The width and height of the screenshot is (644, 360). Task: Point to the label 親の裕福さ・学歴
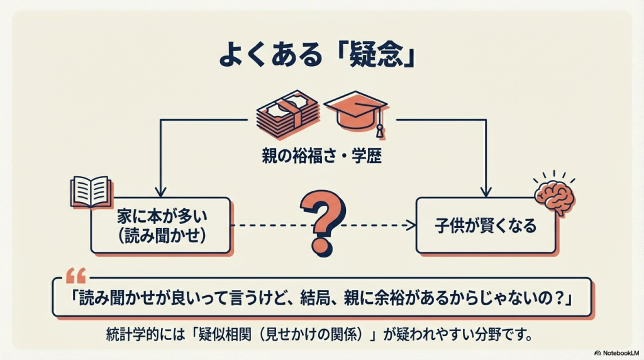coord(321,155)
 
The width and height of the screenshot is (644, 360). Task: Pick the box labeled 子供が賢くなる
coord(486,225)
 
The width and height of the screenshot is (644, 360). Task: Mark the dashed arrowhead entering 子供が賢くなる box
coord(411,225)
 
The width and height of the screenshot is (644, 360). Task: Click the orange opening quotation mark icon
coord(76,275)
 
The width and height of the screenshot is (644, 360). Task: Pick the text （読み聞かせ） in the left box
coord(162,235)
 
